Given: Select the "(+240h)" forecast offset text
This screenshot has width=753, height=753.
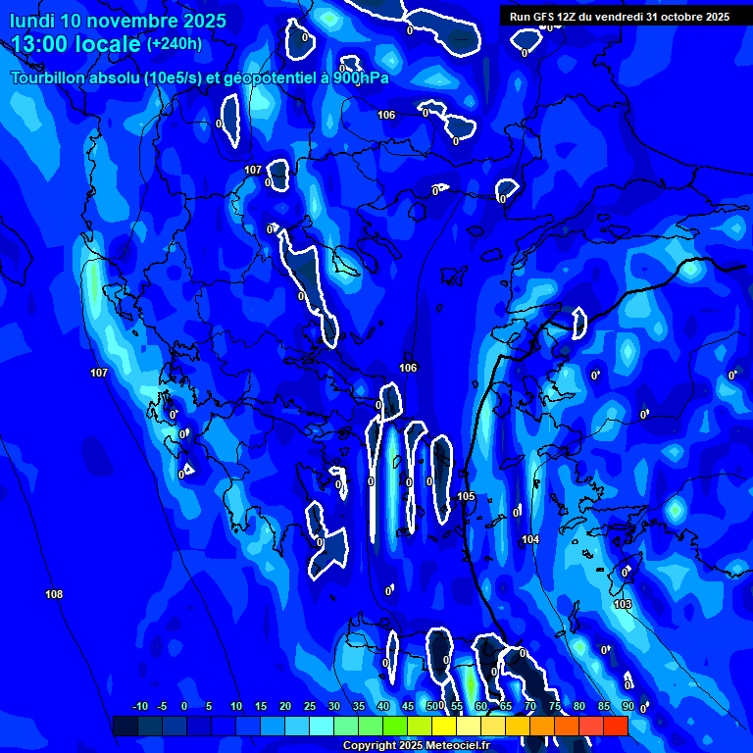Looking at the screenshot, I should click(x=174, y=44).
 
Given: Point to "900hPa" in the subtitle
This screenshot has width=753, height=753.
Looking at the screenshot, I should click(x=360, y=77).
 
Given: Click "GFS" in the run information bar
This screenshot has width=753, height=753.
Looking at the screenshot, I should click(x=545, y=17).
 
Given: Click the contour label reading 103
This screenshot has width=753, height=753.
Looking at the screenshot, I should click(x=623, y=604).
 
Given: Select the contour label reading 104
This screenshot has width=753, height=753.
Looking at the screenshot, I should click(x=530, y=539).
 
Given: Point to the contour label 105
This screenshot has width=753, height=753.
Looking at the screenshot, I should click(x=466, y=496).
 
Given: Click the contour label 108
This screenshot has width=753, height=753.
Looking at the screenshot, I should click(x=54, y=594).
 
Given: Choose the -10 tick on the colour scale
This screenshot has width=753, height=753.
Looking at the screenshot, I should click(x=140, y=706).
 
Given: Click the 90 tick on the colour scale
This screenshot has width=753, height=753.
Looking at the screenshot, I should click(x=627, y=706).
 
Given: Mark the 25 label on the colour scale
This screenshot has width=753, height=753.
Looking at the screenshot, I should click(x=310, y=706).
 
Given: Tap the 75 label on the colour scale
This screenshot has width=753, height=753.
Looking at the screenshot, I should click(x=555, y=706).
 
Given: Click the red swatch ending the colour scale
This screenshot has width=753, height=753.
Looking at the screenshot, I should click(x=615, y=726).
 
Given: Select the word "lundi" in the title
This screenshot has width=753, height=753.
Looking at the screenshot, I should click(x=31, y=21).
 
